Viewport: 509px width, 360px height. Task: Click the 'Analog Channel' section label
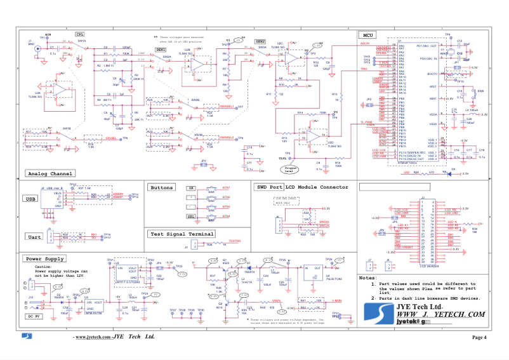point(50,173)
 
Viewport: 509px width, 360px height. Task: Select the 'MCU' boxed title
point(367,35)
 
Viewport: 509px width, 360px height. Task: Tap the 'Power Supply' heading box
point(44,259)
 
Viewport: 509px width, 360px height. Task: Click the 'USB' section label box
point(30,199)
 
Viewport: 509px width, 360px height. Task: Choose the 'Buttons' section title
point(162,187)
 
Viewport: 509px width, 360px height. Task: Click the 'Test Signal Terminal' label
point(181,234)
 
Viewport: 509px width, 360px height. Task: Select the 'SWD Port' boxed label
point(268,187)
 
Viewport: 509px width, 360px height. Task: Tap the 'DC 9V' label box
point(34,316)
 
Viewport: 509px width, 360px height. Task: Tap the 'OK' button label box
point(191,189)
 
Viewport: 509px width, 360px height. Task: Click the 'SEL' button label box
point(191,217)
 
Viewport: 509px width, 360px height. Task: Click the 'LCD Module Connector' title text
point(317,187)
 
